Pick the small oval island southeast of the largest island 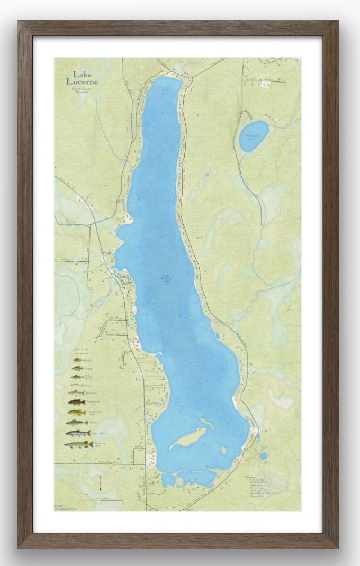(224, 450)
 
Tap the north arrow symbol (101, 482)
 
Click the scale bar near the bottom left (101, 499)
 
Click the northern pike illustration (77, 444)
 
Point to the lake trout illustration (77, 433)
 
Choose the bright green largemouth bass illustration (77, 412)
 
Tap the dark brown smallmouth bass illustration (77, 402)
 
